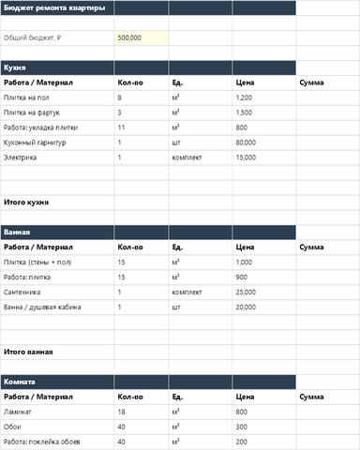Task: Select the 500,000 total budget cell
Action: point(130,37)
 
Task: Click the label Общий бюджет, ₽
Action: point(33,37)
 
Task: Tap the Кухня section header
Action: point(15,67)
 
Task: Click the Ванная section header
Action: point(17,232)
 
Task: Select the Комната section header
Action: point(20,382)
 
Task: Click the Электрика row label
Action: point(21,157)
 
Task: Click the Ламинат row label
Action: point(19,412)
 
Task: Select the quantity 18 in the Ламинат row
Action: point(122,412)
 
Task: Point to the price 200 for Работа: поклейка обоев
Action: point(242,442)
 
